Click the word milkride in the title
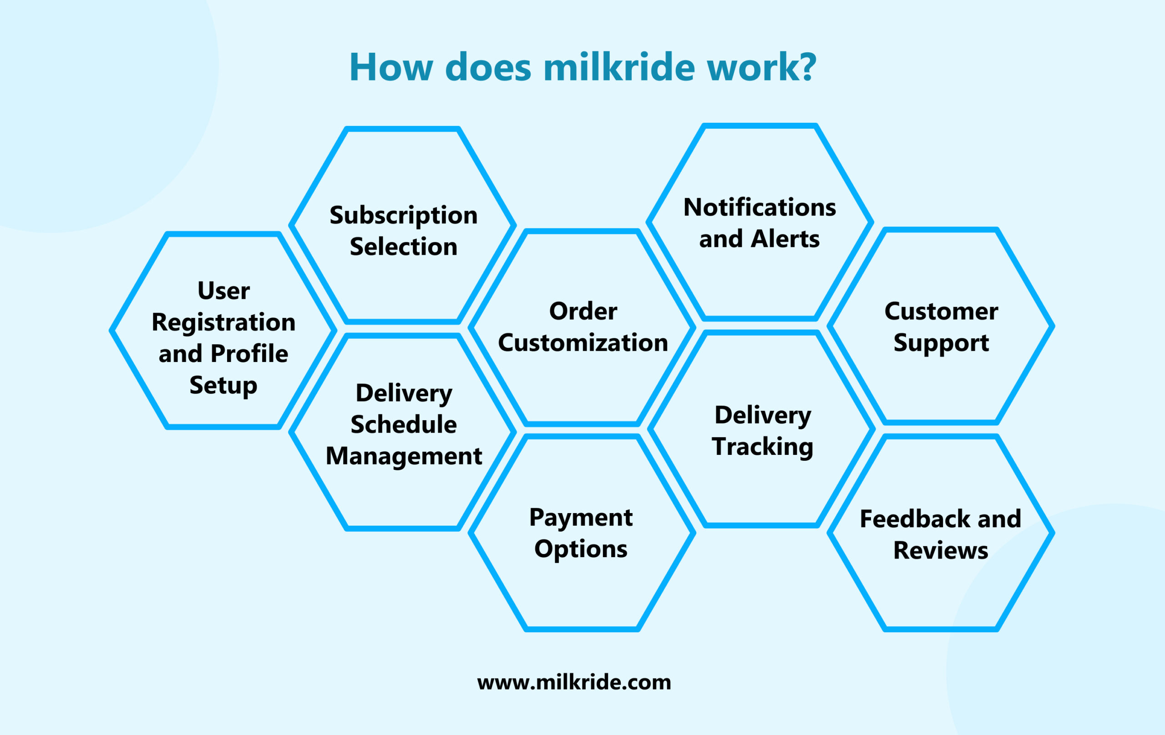tap(620, 67)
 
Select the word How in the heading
tap(390, 67)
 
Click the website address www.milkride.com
tap(574, 682)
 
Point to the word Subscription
tap(404, 215)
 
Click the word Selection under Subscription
tap(404, 247)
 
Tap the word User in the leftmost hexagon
tap(223, 291)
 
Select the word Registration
tap(223, 322)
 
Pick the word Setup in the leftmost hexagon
tap(223, 385)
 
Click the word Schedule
tap(404, 424)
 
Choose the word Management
tap(404, 456)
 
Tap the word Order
tap(583, 311)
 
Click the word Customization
tap(583, 343)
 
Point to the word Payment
tap(581, 518)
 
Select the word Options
tap(581, 549)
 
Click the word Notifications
tap(760, 207)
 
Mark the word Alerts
tap(785, 239)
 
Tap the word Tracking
tap(762, 446)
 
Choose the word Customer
tap(941, 311)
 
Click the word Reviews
tap(941, 550)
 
